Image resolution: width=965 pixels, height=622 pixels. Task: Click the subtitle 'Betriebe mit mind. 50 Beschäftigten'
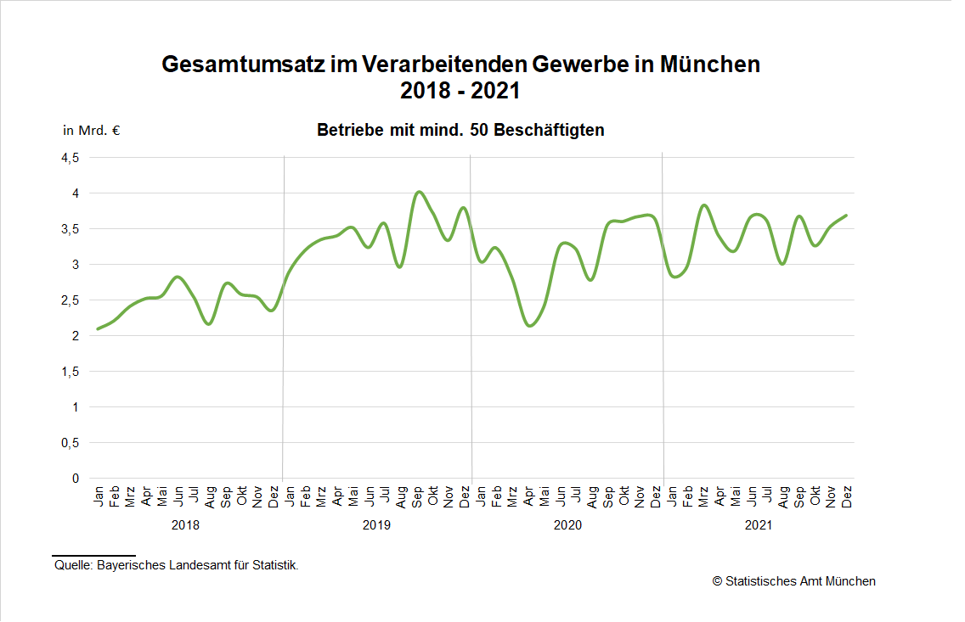point(460,131)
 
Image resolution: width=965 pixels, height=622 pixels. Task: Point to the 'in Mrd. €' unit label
point(91,131)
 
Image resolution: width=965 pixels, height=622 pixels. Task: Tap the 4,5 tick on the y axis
point(69,158)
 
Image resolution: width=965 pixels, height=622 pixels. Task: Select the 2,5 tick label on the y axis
point(69,300)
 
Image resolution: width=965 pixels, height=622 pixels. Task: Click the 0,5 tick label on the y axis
point(69,443)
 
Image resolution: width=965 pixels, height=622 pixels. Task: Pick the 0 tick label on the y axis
point(75,479)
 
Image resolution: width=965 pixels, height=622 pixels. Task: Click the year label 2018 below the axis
point(185,526)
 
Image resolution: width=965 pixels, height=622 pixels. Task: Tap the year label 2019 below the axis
point(376,526)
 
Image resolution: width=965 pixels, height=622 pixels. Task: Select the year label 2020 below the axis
point(567,526)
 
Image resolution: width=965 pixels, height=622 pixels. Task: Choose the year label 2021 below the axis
point(759,526)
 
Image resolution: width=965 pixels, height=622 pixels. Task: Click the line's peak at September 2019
point(418,192)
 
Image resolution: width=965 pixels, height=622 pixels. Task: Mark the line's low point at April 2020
point(530,326)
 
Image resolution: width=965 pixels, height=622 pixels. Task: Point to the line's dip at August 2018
point(209,324)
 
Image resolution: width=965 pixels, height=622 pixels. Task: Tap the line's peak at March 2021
point(704,205)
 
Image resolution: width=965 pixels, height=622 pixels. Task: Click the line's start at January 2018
point(99,329)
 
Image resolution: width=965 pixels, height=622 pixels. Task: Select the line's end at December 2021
point(847,216)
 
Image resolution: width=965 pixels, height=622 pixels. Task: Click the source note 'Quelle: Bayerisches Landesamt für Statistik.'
point(176,565)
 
